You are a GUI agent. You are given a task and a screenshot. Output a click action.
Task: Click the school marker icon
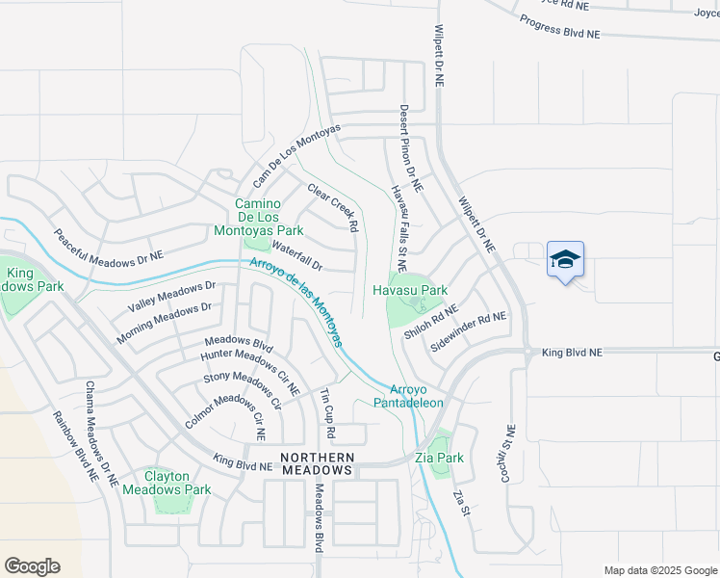coord(565,259)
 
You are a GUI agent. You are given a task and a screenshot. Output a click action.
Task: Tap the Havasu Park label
coord(411,290)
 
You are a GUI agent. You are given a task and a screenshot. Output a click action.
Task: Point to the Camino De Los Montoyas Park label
coord(270,217)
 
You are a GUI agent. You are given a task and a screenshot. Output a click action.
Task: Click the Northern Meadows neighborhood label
coord(317,463)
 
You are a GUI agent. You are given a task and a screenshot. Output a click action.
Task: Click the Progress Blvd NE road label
coord(558,26)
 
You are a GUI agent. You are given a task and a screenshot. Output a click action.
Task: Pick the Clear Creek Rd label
coord(333,207)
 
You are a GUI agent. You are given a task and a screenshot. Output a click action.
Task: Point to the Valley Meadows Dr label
coord(172,297)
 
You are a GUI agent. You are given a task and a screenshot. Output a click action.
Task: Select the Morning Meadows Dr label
coord(164,323)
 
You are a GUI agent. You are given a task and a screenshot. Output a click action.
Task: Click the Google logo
coord(32,565)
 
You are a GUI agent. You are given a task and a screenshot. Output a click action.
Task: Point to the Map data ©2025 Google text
coord(660,570)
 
